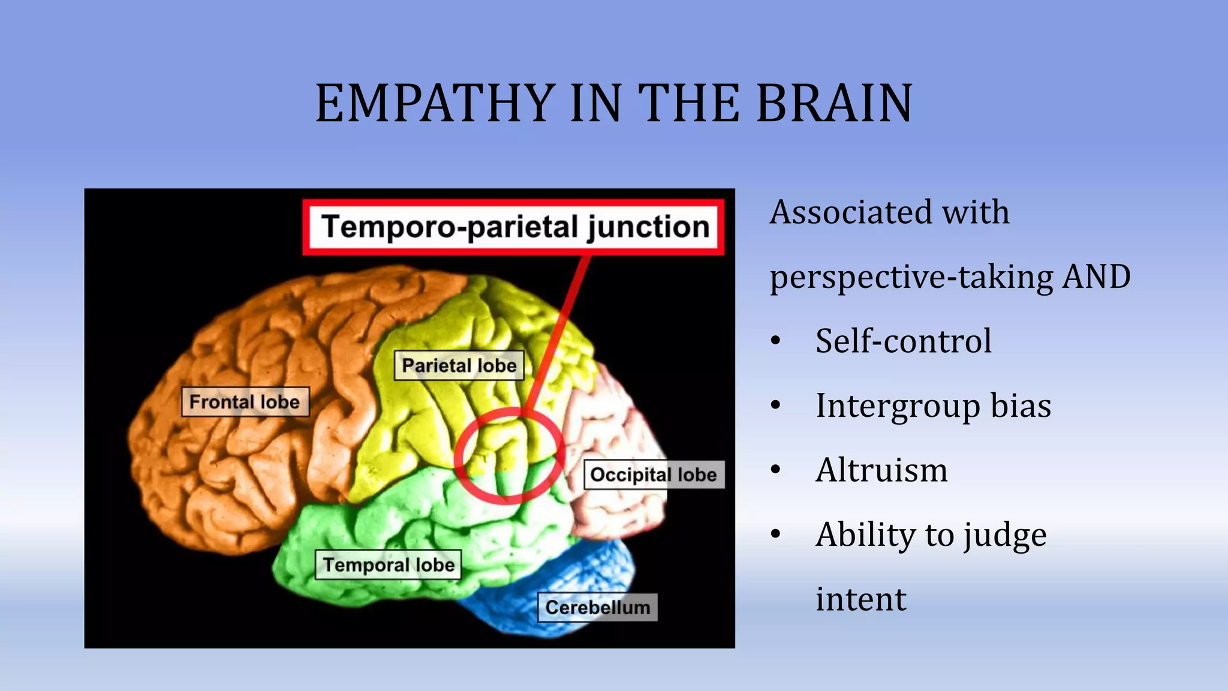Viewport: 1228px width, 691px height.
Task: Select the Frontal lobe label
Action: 245,402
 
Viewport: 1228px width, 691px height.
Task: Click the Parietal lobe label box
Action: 459,365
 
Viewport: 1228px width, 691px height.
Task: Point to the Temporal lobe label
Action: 389,564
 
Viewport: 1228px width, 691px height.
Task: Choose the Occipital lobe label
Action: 654,474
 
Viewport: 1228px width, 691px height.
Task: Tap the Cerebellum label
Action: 597,607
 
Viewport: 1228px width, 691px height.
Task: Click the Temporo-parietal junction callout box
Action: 514,227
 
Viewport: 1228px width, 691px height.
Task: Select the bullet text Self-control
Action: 904,341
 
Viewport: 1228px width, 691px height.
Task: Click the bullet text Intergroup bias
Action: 933,405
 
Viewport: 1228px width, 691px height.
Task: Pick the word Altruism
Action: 881,470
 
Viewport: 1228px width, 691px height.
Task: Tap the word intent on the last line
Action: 861,599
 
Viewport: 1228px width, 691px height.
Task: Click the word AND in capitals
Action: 1096,277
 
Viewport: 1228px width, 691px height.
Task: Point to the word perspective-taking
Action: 911,278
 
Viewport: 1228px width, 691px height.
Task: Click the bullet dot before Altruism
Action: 776,470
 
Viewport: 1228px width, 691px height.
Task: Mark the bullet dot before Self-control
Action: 776,341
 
